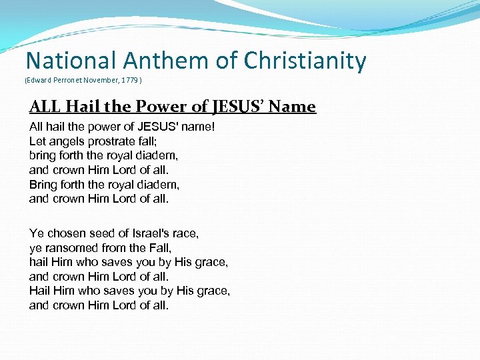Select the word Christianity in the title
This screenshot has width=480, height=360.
pyautogui.click(x=305, y=61)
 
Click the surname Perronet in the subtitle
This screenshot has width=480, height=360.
pyautogui.click(x=67, y=80)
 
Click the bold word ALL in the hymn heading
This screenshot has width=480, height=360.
pyautogui.click(x=45, y=107)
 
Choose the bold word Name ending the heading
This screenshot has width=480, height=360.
pyautogui.click(x=296, y=107)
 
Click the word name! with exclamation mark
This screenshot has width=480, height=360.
pyautogui.click(x=198, y=126)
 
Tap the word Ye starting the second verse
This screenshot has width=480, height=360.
pyautogui.click(x=37, y=233)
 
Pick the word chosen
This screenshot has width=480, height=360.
pyautogui.click(x=65, y=233)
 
